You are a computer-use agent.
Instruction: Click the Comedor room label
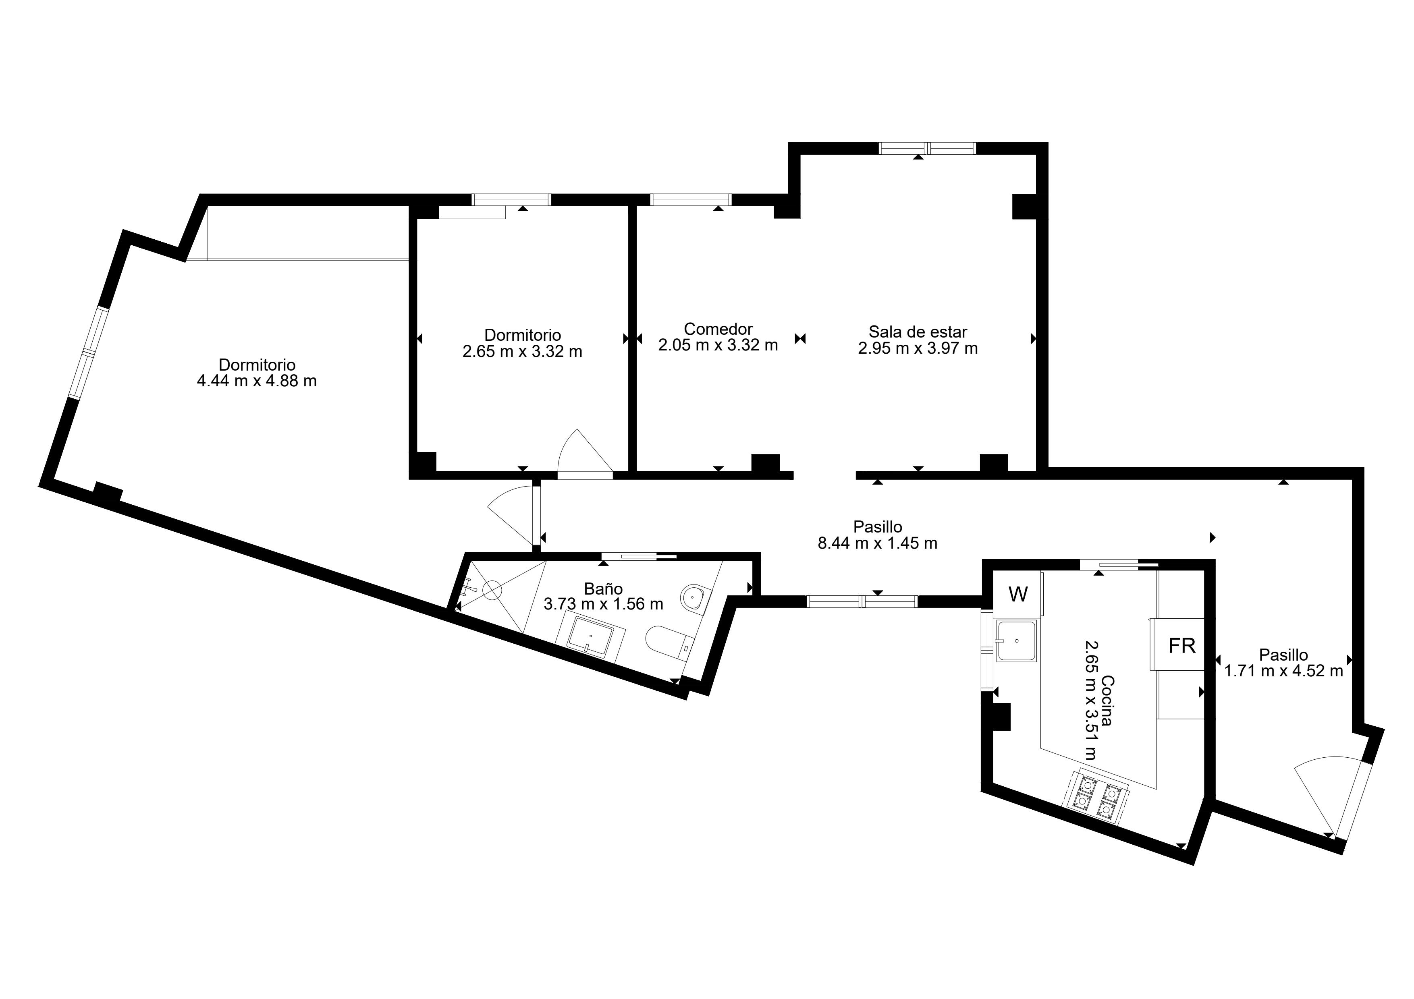point(718,329)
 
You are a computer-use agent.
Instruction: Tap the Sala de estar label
point(918,332)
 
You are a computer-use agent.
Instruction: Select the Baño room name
point(604,589)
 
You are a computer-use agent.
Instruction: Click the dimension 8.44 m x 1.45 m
point(878,543)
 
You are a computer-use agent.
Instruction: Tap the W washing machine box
point(1018,594)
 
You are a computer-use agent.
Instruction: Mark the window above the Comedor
point(691,199)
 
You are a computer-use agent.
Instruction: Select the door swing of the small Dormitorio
point(584,451)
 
